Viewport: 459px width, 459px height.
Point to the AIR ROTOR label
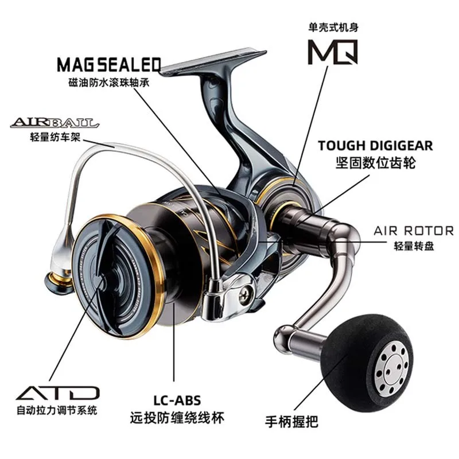(413, 231)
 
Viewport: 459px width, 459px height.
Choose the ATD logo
(57, 393)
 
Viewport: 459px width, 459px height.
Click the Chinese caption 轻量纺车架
(52, 137)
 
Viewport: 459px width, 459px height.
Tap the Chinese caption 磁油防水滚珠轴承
(109, 81)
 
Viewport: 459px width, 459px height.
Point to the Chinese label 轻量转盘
(413, 246)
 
